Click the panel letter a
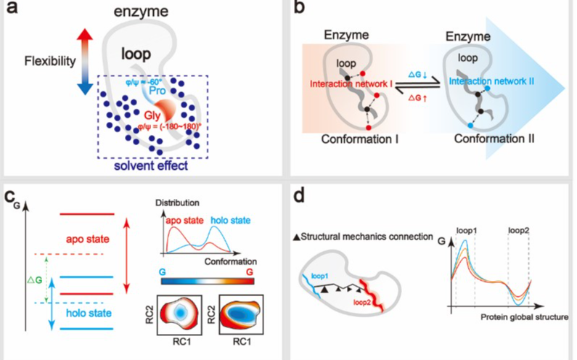(x=12, y=12)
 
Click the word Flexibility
(x=49, y=62)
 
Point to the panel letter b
(x=303, y=12)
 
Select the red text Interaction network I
(x=351, y=84)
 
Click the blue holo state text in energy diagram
(x=86, y=313)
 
